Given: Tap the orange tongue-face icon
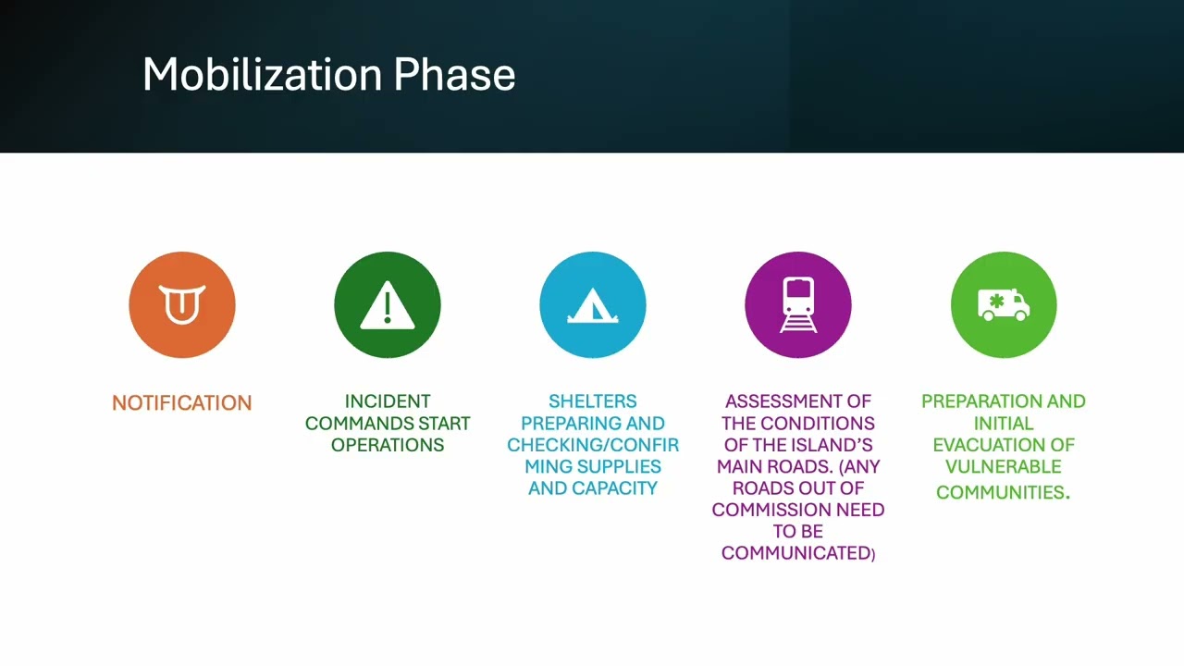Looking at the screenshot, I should click(x=182, y=304).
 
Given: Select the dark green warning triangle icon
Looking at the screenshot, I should click(x=388, y=304).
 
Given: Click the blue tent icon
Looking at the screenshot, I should click(x=593, y=304).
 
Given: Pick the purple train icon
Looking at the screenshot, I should click(x=798, y=304).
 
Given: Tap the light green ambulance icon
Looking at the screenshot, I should click(x=1004, y=304).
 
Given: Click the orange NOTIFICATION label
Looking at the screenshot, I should click(x=181, y=403).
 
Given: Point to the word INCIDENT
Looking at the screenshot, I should click(x=388, y=401).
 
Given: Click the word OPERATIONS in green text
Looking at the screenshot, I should click(x=388, y=445).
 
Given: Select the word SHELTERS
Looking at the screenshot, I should click(x=593, y=401).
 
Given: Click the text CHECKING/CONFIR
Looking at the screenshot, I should click(x=593, y=445).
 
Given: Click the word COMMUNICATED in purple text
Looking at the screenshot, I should click(x=795, y=553).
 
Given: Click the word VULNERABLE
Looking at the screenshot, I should click(x=1004, y=466).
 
